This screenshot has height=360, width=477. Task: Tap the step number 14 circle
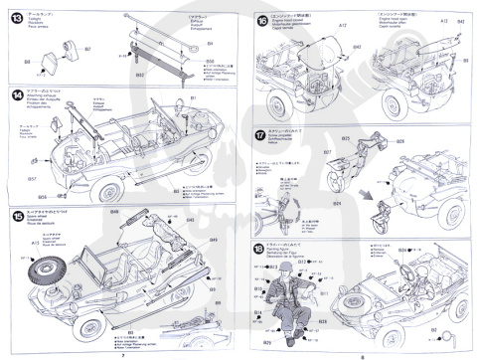[17, 95]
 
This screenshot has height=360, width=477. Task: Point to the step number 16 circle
[261, 20]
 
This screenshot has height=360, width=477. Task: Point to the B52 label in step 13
[140, 74]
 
